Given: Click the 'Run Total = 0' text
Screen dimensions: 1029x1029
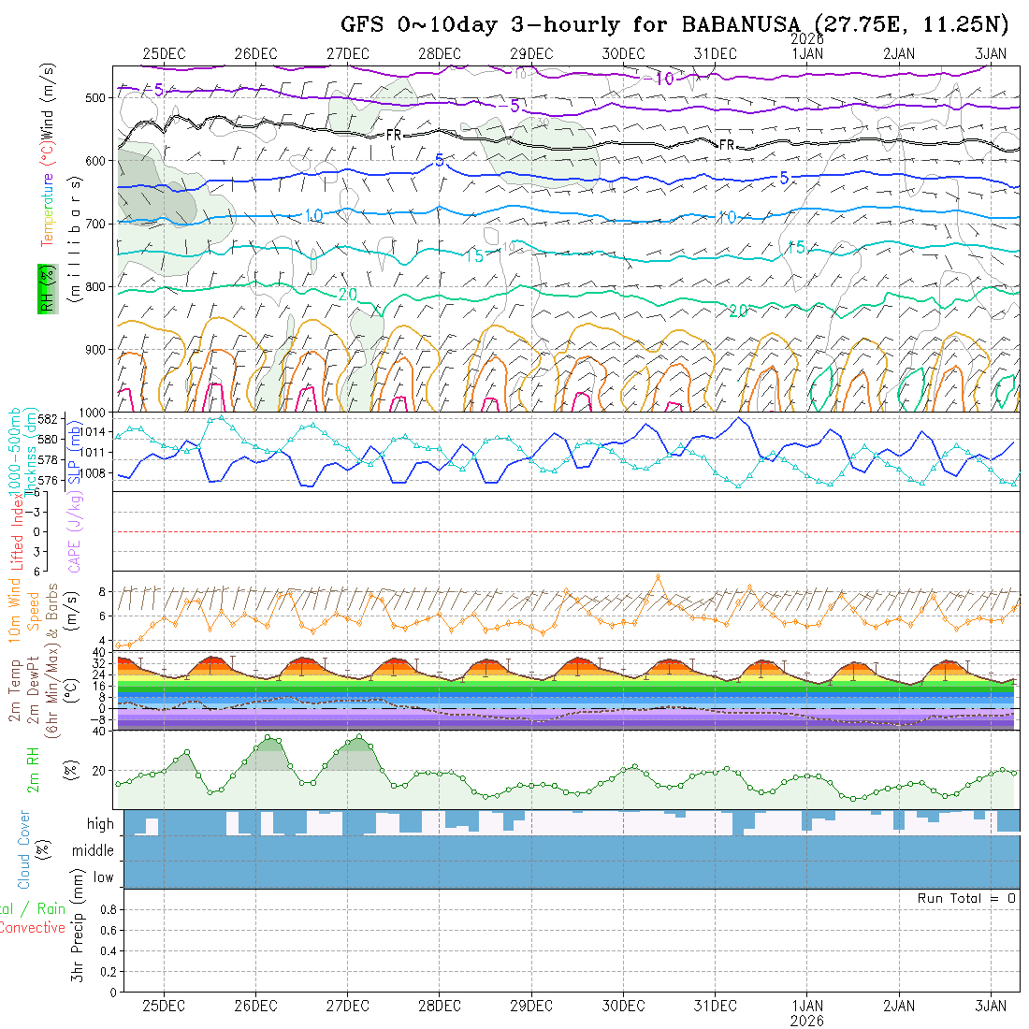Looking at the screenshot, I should (x=966, y=898).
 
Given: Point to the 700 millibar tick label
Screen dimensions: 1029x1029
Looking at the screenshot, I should (x=96, y=224).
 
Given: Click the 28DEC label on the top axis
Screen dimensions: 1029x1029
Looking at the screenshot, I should (x=439, y=54).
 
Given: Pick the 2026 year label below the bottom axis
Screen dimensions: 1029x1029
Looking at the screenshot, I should (x=806, y=1020).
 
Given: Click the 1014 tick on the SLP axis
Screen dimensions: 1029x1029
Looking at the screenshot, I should (x=96, y=431).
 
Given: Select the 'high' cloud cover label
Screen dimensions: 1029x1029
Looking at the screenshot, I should (x=100, y=824).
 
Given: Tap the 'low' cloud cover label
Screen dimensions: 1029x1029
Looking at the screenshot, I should (x=103, y=877).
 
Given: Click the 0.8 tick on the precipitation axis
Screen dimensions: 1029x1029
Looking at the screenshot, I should (x=107, y=909).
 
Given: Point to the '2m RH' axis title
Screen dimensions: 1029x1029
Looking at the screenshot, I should (x=34, y=770).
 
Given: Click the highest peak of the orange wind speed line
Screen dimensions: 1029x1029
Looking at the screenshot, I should (x=658, y=576).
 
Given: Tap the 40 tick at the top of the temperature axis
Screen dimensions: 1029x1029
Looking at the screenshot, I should (x=96, y=652).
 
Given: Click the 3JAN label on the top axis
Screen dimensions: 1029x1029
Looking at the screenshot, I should (x=990, y=54).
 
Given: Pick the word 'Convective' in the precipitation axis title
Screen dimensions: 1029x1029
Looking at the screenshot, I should (x=33, y=928).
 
